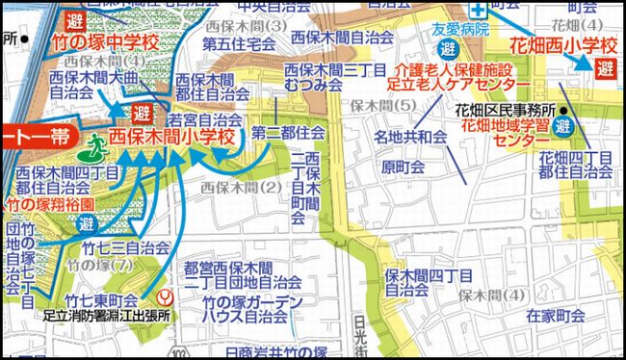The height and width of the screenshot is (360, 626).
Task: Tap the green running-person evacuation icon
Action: [x=96, y=147]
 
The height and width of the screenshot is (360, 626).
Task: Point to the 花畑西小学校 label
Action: [x=562, y=45]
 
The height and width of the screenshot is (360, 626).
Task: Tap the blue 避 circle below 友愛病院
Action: [x=447, y=48]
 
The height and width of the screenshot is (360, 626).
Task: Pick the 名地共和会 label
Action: [x=411, y=139]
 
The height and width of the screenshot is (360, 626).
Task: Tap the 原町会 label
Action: [x=403, y=167]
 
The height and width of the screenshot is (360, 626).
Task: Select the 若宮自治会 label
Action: [x=204, y=120]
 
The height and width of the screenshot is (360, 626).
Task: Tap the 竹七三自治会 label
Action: [x=125, y=246]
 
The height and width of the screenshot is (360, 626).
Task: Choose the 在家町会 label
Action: [x=556, y=315]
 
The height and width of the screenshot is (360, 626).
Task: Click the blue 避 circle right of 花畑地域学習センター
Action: [x=564, y=126]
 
